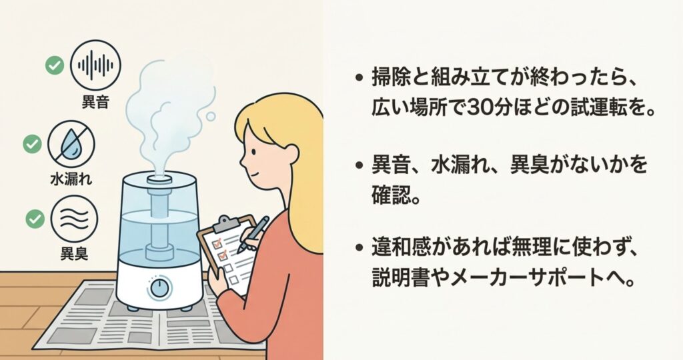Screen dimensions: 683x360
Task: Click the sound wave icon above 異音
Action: [x=95, y=65]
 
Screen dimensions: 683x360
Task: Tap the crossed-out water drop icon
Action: [x=71, y=144]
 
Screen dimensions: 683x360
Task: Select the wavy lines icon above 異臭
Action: [x=74, y=219]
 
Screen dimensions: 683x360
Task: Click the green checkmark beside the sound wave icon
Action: [x=55, y=66]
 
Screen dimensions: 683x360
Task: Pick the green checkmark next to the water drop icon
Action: [x=32, y=144]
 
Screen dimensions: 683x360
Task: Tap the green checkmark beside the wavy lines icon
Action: [x=35, y=219]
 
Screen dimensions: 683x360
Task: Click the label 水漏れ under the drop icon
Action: [x=71, y=179]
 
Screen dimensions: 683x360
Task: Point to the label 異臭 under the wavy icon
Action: [x=74, y=253]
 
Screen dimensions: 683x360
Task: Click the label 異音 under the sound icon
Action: [x=95, y=102]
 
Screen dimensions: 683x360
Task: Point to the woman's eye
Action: [x=253, y=153]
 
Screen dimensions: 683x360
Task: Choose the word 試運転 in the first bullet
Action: [x=585, y=107]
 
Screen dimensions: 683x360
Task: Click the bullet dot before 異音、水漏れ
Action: [x=360, y=166]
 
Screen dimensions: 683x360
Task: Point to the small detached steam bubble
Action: [x=211, y=116]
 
